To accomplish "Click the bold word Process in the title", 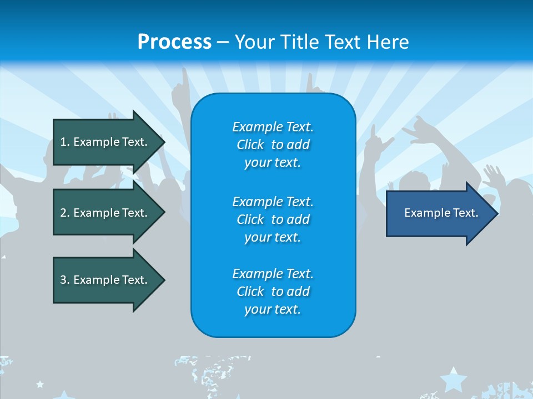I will [174, 42].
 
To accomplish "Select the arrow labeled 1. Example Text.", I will [105, 142].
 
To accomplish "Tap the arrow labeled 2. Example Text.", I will [105, 213].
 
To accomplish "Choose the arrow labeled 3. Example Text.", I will [105, 280].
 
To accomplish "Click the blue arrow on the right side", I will [439, 213].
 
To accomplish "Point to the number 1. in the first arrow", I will [65, 142].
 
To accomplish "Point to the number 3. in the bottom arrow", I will [65, 280].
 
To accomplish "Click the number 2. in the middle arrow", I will [65, 213].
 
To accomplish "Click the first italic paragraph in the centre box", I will [273, 145].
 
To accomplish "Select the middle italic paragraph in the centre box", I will [273, 219].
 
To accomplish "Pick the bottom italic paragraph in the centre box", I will [273, 291].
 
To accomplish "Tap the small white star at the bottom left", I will [39, 383].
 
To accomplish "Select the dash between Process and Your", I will [223, 42].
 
